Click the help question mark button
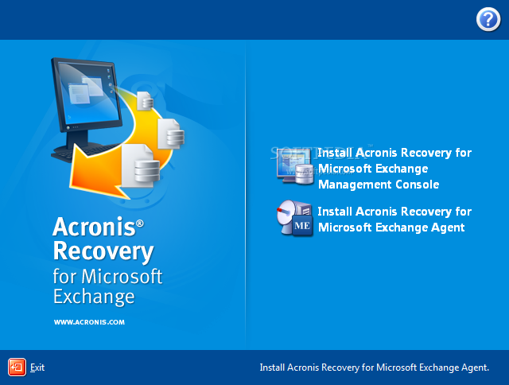(488, 20)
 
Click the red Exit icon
(17, 367)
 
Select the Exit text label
(37, 367)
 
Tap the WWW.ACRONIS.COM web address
(89, 322)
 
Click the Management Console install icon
(295, 166)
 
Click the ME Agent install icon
(295, 218)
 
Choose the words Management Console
(379, 185)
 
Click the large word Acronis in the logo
(94, 226)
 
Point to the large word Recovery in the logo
(103, 251)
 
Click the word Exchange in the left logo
(94, 297)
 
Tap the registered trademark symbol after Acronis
(140, 223)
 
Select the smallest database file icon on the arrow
(145, 101)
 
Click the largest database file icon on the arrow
(141, 166)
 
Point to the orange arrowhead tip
(70, 188)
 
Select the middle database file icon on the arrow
(171, 134)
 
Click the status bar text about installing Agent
(375, 367)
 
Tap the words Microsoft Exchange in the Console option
(373, 169)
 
